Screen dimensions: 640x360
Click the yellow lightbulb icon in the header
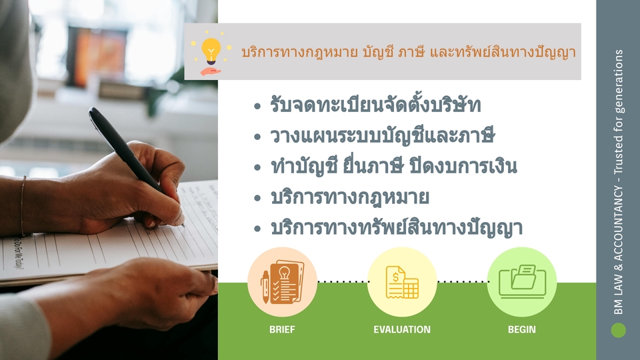coord(211,51)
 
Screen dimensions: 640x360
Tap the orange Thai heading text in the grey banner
coord(409,52)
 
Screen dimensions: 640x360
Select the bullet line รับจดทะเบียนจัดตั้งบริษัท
coord(375,105)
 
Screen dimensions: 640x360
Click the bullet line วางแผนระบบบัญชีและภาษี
coord(383,136)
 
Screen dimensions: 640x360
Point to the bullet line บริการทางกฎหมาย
coord(350,197)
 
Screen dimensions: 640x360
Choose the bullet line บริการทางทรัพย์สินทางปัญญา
coord(396,228)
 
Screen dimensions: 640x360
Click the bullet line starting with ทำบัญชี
coord(394,166)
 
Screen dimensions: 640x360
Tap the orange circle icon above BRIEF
coord(283,282)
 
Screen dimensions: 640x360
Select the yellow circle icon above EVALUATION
coord(402,282)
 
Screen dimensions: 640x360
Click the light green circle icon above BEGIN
coord(522,282)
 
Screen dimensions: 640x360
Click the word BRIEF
coord(282,329)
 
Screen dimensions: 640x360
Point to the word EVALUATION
coord(402,329)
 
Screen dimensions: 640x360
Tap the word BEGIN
coord(522,329)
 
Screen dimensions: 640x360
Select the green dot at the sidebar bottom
coord(619,330)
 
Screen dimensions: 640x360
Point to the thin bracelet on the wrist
coord(23,206)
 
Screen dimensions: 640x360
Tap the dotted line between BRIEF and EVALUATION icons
coord(343,281)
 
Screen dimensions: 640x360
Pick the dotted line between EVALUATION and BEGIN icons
coord(462,281)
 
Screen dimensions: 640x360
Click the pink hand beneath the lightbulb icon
coord(210,72)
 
